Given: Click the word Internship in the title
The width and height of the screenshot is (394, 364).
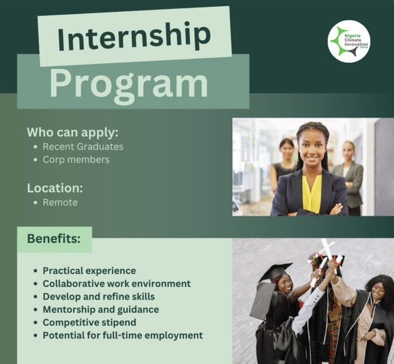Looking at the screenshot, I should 134,37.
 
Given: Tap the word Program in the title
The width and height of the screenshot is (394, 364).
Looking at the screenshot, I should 129,84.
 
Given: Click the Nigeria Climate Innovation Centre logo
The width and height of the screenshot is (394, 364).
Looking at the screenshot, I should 349,41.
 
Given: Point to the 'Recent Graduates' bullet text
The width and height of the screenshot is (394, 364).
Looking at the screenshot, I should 83,146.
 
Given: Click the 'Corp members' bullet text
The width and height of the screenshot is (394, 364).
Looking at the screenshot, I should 76,159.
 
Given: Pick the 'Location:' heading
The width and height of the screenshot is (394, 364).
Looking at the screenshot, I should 55,187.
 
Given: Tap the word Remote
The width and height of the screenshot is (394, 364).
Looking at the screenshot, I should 60,202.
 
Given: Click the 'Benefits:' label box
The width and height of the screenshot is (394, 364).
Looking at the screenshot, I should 54,239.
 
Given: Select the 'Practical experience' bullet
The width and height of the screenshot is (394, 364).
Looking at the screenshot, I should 89,271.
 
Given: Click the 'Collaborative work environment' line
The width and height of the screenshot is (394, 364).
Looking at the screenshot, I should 116,284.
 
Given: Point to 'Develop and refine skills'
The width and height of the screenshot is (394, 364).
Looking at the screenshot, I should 98,297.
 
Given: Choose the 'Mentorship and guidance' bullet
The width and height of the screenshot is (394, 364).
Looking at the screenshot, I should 101,310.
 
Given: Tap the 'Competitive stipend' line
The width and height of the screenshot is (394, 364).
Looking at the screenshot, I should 89,323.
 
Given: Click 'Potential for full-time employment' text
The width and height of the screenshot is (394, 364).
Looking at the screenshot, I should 123,336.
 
